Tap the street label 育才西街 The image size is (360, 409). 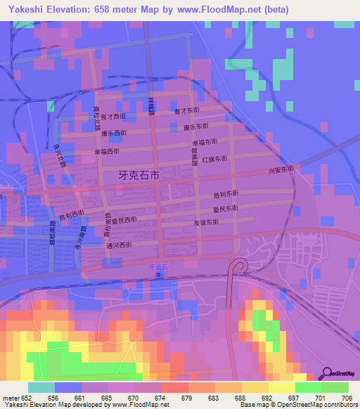click(114, 116)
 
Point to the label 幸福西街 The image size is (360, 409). click(107, 151)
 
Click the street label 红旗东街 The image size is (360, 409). click(215, 160)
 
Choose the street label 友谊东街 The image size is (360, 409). click(207, 222)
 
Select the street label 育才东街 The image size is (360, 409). click(187, 110)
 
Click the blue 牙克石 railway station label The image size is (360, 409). click(160, 267)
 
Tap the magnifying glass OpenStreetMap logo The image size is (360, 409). click(328, 374)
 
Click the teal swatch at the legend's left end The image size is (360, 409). click(41, 387)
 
